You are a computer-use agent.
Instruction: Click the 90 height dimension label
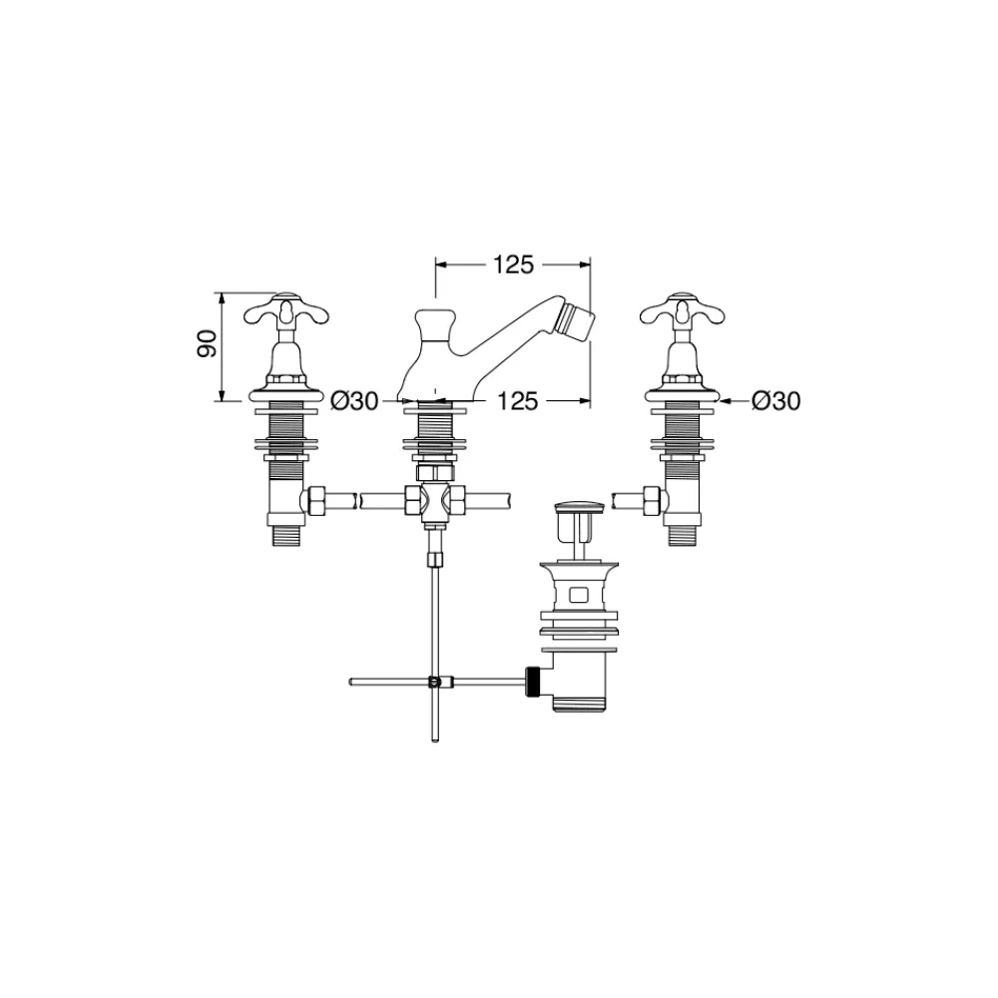pos(209,343)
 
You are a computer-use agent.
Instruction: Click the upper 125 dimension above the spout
pos(514,264)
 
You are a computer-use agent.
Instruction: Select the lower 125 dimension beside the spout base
pos(517,401)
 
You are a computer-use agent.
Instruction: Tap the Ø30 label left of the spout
pos(355,401)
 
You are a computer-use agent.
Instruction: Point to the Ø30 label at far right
pos(775,401)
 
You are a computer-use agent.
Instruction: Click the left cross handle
pos(287,310)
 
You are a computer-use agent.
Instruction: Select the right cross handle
pos(683,310)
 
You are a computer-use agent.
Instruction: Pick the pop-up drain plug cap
pos(577,507)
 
